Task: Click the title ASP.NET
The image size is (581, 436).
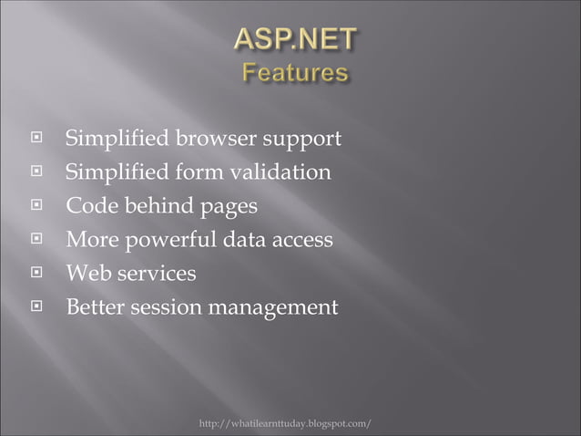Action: coord(296,41)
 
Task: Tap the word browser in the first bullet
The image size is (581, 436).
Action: coord(216,140)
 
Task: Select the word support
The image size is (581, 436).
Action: coord(302,140)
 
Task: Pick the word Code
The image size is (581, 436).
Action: coord(90,206)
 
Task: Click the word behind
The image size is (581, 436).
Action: coord(154,206)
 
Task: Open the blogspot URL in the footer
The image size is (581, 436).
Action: coord(284,423)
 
